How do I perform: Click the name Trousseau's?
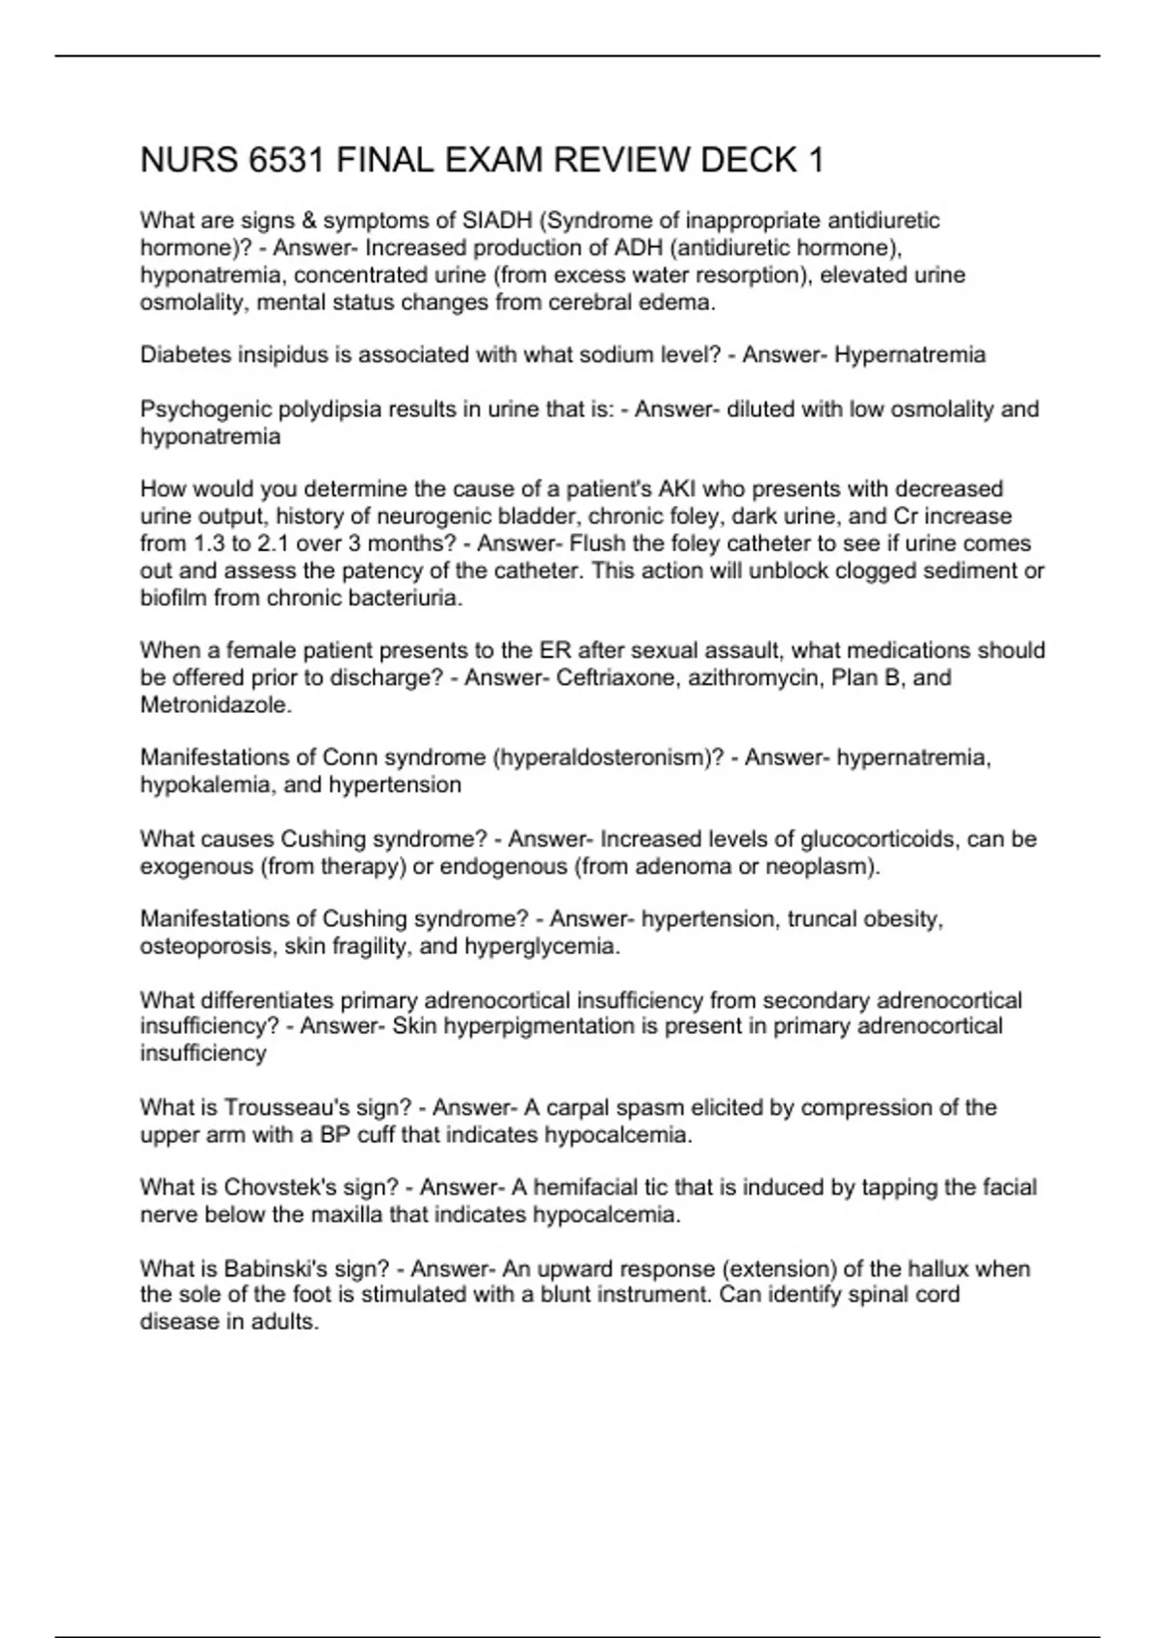(x=284, y=1107)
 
